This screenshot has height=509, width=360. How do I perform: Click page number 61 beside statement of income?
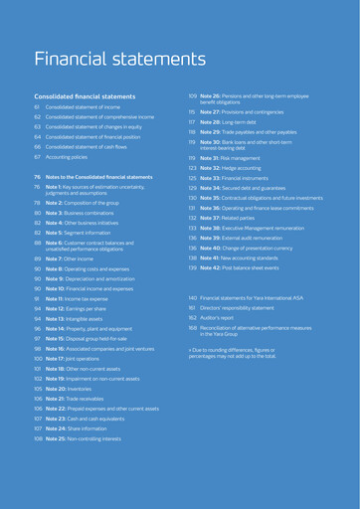pos(37,105)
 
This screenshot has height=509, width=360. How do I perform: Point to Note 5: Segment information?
pos(85,233)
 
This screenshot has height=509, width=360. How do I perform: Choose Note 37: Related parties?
pos(233,218)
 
